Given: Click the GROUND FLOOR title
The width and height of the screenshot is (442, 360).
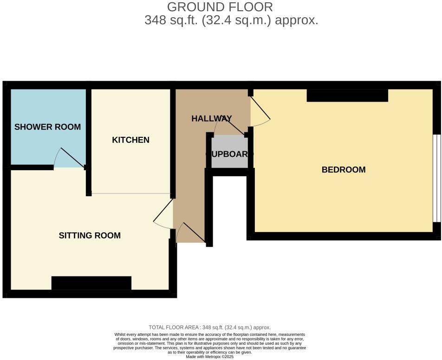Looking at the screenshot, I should (x=220, y=7).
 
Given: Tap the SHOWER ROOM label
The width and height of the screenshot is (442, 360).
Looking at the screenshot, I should (x=47, y=127).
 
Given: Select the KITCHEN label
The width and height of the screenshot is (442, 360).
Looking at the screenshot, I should (x=130, y=140).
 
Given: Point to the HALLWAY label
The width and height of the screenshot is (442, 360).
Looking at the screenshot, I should (x=211, y=119).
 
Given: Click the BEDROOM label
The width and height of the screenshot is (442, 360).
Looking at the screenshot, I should (x=344, y=170).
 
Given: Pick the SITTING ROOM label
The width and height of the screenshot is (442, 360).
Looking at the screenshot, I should (x=90, y=236).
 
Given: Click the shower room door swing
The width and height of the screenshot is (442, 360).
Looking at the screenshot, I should (x=69, y=159).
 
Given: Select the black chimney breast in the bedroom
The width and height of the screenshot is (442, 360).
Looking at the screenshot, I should (x=347, y=96).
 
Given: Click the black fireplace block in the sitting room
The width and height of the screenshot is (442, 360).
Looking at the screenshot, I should (x=91, y=283).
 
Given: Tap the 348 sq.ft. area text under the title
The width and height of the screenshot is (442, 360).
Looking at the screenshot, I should (x=231, y=20).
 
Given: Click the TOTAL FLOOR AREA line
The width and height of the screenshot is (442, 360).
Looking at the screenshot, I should (x=209, y=327).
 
